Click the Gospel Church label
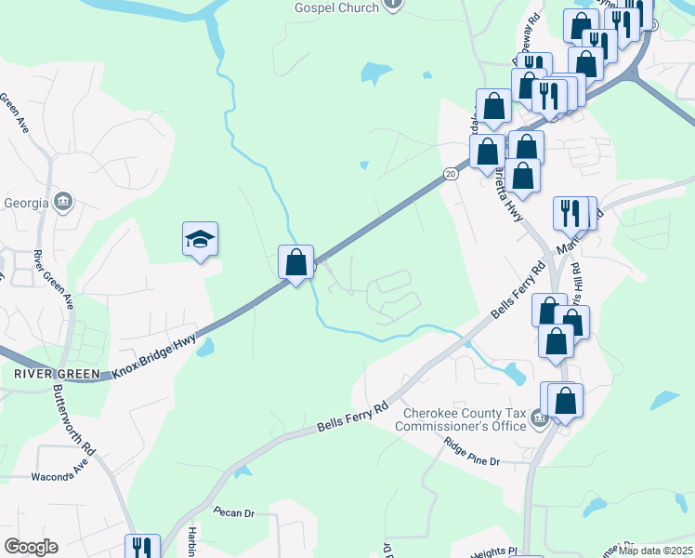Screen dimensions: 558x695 point(336,7)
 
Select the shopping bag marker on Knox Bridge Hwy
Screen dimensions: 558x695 point(295,263)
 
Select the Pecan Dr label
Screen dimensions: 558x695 point(233,512)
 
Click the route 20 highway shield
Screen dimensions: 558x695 point(451,173)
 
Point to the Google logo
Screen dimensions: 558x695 point(31,547)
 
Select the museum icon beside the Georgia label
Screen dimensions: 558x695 point(64,202)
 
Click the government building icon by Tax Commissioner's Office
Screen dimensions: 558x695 point(538,421)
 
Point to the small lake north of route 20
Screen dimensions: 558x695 point(376,72)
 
